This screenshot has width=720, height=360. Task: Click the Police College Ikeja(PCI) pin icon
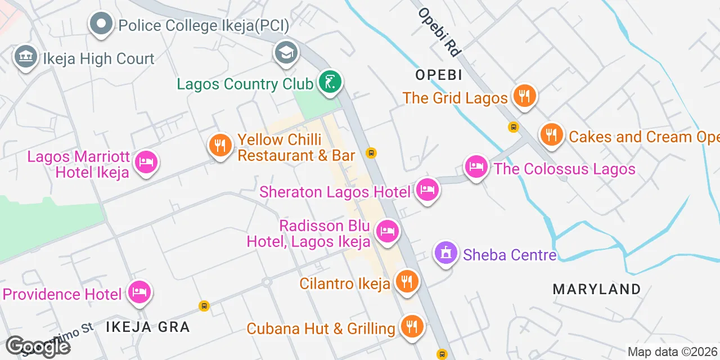(x=101, y=24)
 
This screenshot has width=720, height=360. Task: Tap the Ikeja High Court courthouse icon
(x=25, y=56)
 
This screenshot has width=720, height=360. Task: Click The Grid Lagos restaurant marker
(x=524, y=95)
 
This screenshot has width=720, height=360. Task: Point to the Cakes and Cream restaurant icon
(x=552, y=134)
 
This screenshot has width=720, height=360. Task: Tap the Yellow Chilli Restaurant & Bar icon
(x=220, y=145)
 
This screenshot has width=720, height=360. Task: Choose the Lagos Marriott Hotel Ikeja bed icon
(x=146, y=163)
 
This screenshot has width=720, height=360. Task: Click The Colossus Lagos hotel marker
(x=476, y=166)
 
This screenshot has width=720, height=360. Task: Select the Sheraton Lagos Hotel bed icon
(x=427, y=190)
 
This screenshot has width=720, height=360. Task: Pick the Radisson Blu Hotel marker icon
(x=387, y=231)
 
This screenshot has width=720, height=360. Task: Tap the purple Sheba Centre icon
(x=447, y=253)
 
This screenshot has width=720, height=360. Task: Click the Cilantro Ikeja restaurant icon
(x=406, y=281)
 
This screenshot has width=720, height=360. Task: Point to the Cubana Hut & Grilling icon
(x=412, y=326)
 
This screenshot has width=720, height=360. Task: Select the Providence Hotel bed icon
(x=139, y=292)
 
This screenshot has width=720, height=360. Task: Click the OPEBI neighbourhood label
(x=439, y=74)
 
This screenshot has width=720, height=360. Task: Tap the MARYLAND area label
(x=597, y=289)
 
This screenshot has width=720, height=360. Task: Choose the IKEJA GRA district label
(x=147, y=326)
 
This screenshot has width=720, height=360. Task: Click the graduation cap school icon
(x=286, y=53)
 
